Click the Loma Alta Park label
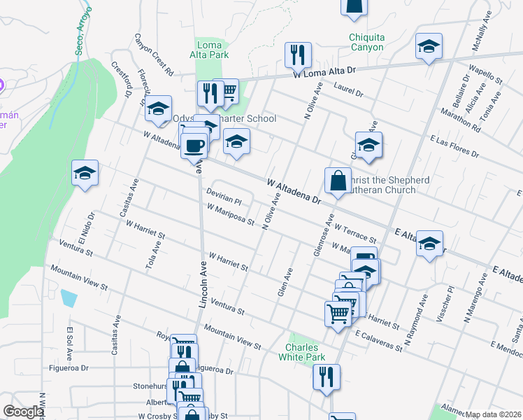tap(210, 50)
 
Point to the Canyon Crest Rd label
tap(154, 55)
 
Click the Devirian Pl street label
tap(223, 195)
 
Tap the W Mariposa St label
tap(231, 214)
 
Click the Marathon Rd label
tap(460, 119)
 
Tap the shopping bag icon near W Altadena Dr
tap(338, 180)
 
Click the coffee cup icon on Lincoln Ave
tap(194, 146)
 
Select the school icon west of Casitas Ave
tap(85, 172)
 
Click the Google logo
tap(23, 412)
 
